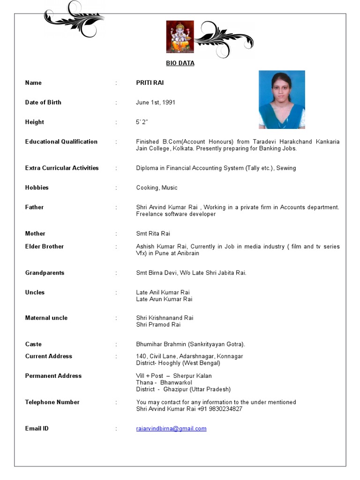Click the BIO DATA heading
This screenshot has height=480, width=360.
(x=180, y=63)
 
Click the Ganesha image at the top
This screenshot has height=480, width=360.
(x=180, y=37)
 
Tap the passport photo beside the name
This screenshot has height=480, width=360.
(x=282, y=99)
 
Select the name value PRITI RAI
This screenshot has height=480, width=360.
(x=150, y=83)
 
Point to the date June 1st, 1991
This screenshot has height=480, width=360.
(x=156, y=103)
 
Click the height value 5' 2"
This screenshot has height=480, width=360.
(x=142, y=122)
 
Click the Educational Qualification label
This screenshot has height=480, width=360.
(x=61, y=142)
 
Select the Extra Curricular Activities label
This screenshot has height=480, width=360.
(x=62, y=168)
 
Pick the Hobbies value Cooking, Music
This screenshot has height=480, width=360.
(x=157, y=187)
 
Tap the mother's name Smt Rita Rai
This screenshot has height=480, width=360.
(x=153, y=233)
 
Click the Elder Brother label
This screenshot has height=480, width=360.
(x=45, y=247)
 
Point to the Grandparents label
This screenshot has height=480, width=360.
(x=45, y=273)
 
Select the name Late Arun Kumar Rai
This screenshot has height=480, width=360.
(x=164, y=299)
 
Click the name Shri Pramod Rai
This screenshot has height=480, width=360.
(x=158, y=324)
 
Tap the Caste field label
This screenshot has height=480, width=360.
(x=33, y=344)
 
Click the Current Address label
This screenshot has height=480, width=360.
(x=49, y=356)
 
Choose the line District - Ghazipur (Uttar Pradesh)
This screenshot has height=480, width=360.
(x=183, y=389)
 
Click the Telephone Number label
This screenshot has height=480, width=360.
(x=52, y=402)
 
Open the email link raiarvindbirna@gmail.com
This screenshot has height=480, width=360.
(x=171, y=428)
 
